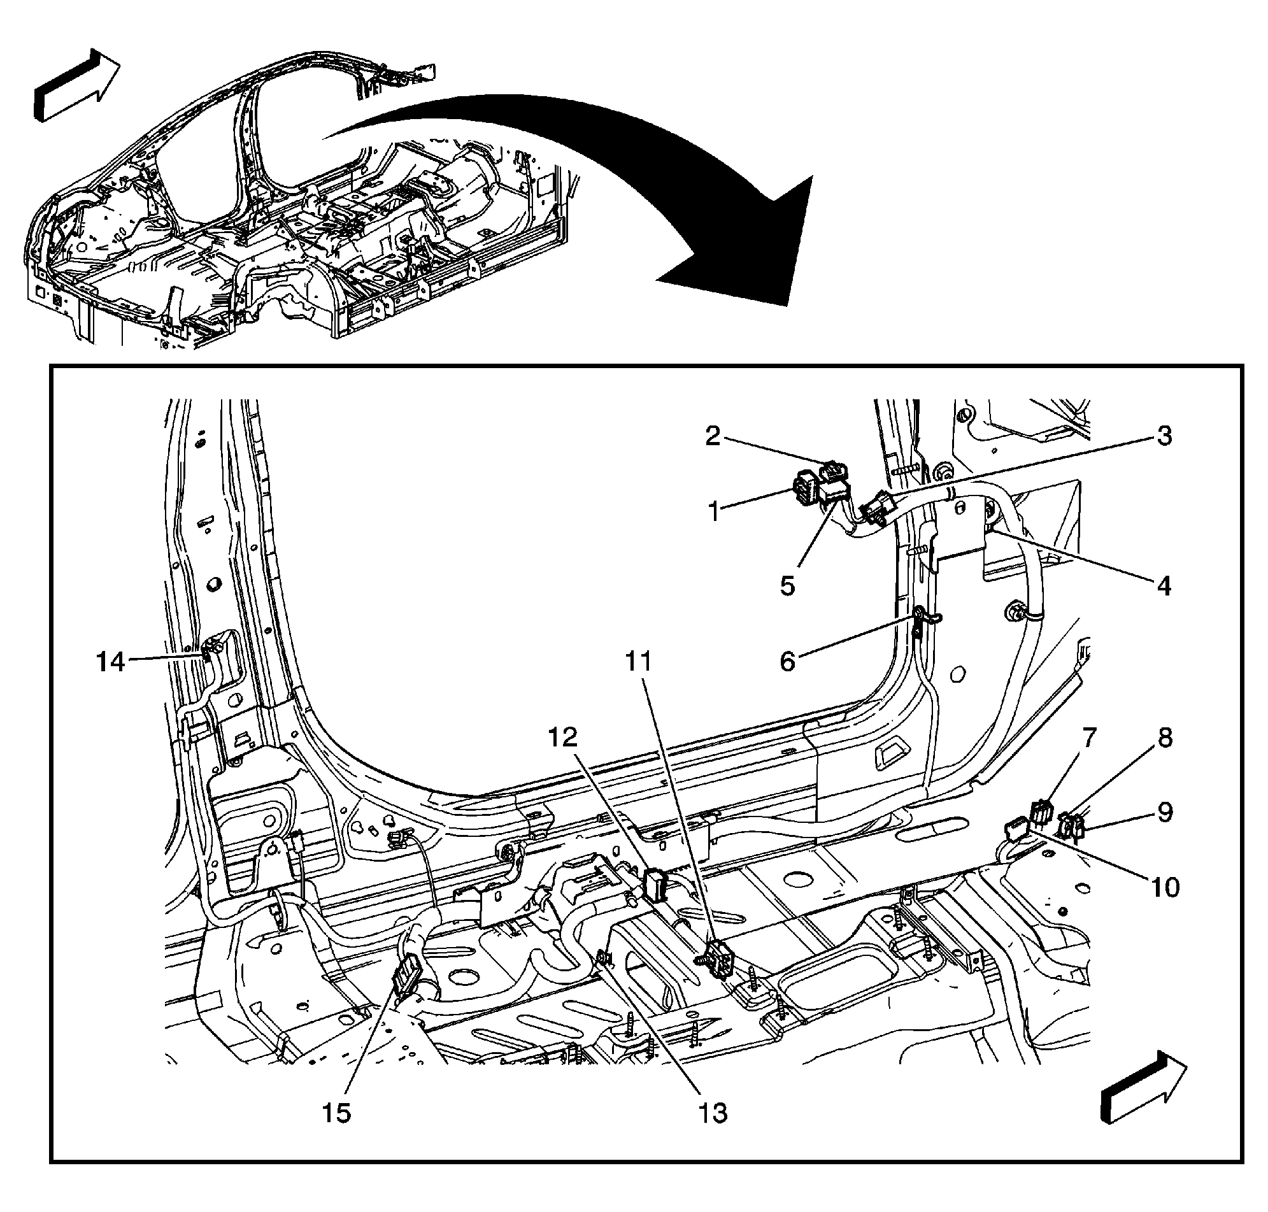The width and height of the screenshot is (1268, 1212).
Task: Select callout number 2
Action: click(712, 436)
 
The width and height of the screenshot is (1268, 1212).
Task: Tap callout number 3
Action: click(1164, 436)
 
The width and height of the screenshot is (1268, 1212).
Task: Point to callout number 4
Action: click(1164, 586)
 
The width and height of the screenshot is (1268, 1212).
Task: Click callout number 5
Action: click(787, 586)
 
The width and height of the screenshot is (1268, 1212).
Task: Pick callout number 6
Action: click(787, 661)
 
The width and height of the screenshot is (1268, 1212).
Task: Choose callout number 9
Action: click(1165, 812)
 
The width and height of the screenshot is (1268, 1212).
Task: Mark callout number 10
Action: click(1165, 887)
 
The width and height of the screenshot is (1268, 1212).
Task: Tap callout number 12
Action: click(562, 736)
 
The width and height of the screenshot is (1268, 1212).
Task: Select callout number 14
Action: click(110, 662)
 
